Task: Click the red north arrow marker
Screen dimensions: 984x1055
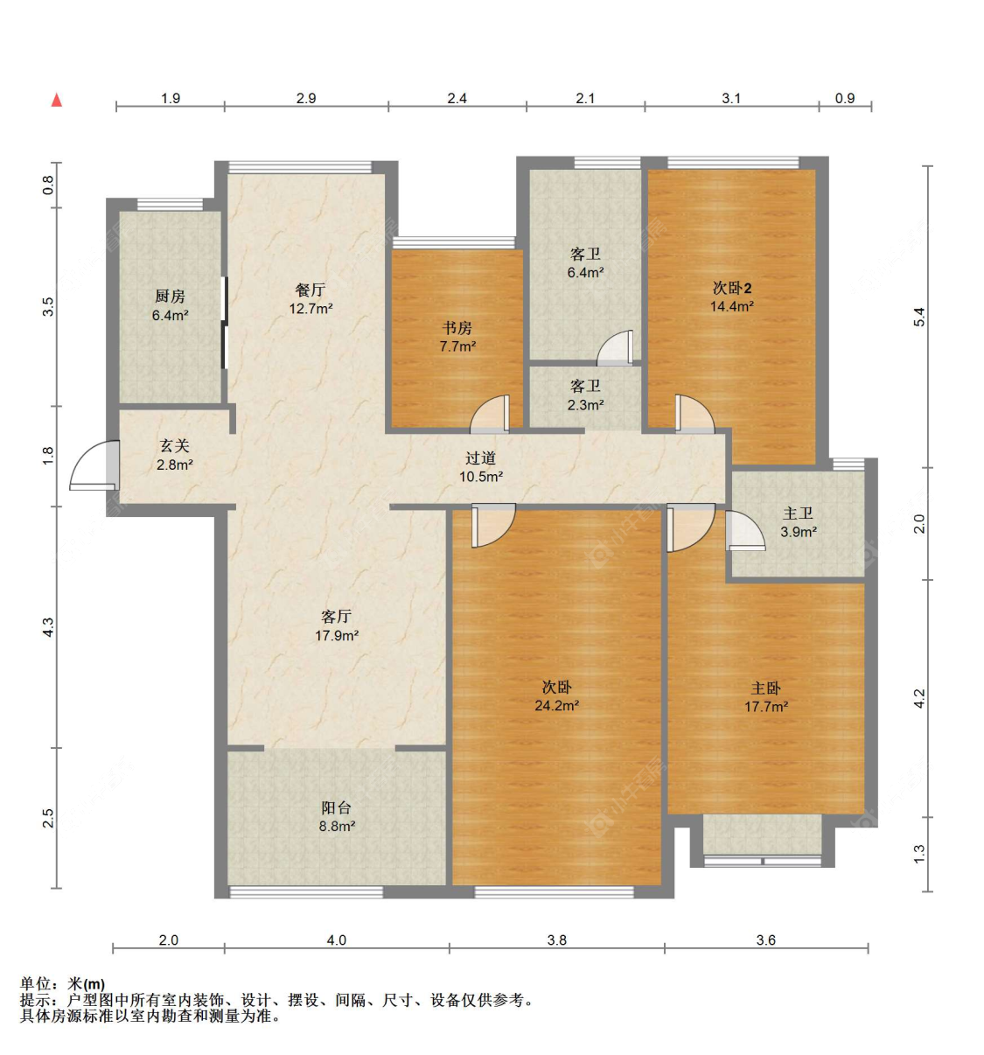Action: point(56,100)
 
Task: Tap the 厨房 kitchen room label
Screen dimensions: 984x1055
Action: point(170,296)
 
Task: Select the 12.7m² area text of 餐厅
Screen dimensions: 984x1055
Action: point(311,308)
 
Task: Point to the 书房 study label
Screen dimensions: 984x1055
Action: point(457,328)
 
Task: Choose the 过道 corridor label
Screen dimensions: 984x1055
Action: point(480,458)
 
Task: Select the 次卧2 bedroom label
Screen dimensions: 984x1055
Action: point(731,288)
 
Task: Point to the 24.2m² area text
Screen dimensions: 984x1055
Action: point(556,705)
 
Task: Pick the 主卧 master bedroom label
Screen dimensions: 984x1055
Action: point(765,688)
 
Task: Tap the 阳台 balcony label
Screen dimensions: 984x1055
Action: point(337,808)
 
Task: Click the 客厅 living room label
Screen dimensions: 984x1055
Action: point(337,616)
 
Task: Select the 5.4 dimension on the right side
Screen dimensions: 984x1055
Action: point(919,317)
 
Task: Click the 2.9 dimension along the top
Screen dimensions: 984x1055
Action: point(306,98)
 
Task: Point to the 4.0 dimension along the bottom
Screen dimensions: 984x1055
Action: point(337,940)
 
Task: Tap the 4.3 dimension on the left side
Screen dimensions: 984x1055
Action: point(48,627)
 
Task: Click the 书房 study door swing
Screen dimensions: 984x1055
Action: point(490,412)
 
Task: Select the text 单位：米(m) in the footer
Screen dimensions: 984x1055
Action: point(62,984)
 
